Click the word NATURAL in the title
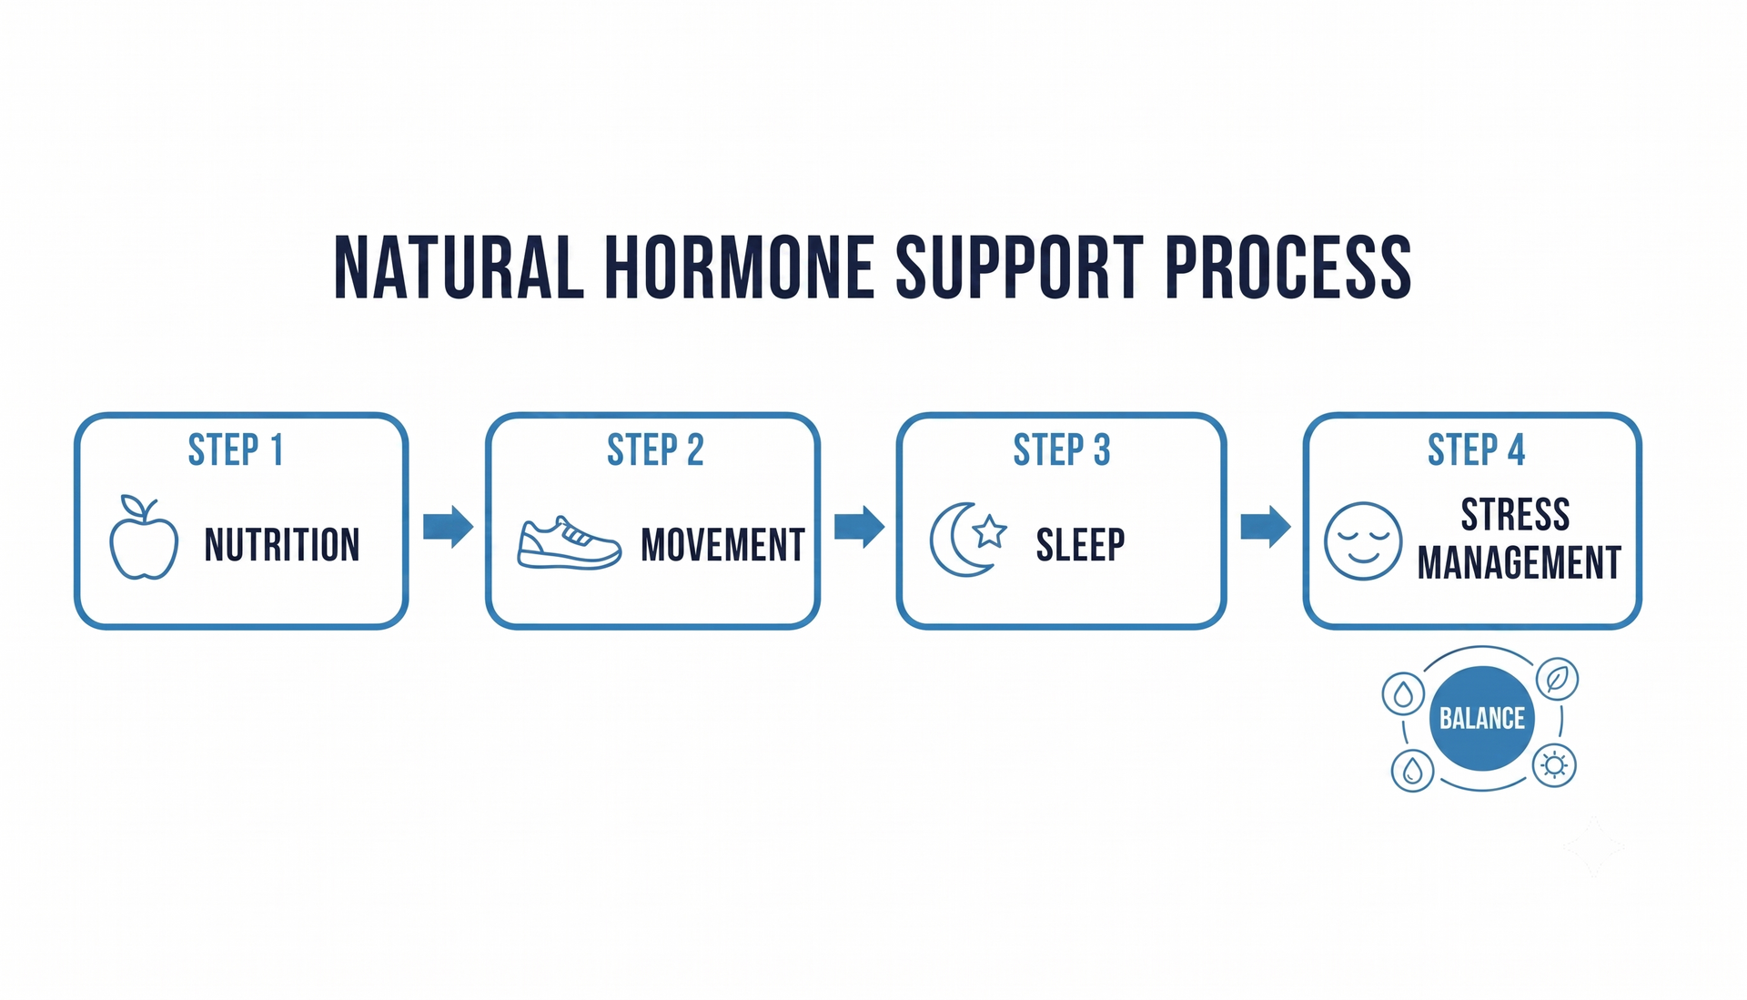click(459, 268)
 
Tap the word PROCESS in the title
click(1288, 268)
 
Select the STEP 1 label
click(236, 450)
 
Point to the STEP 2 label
click(655, 450)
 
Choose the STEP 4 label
click(1476, 450)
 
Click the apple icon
click(144, 538)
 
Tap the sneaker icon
click(570, 543)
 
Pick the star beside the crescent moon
click(989, 530)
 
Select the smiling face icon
click(1363, 541)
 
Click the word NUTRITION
click(282, 545)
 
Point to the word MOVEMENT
click(722, 545)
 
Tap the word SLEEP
click(1080, 545)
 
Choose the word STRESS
click(1515, 515)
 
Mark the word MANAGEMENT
click(1520, 562)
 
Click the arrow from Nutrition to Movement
click(449, 526)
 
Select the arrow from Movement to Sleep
click(860, 526)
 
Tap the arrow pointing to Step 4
click(1266, 526)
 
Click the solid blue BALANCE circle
click(1482, 719)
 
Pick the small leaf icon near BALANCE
click(1557, 679)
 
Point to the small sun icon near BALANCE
click(1554, 765)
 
